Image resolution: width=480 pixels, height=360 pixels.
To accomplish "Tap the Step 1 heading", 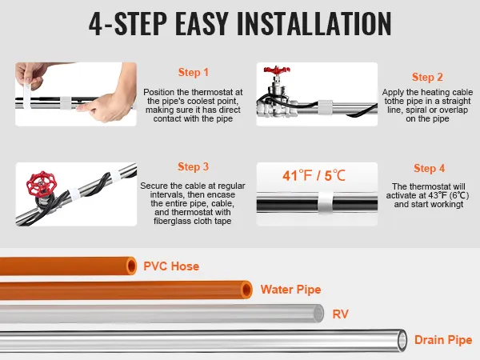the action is pyautogui.click(x=194, y=73).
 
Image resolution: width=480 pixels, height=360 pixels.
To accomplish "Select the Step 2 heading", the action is pyautogui.click(x=427, y=77).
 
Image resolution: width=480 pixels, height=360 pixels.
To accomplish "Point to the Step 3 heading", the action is pyautogui.click(x=193, y=167).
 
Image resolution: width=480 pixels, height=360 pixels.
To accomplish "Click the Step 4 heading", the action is pyautogui.click(x=429, y=168).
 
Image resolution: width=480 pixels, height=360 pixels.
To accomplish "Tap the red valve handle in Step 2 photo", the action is pyautogui.click(x=277, y=70).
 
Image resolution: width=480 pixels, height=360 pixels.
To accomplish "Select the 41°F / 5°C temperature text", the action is pyautogui.click(x=314, y=176).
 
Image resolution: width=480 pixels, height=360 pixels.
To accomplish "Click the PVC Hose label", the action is pyautogui.click(x=171, y=266).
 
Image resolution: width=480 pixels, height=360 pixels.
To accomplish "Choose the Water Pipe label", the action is pyautogui.click(x=291, y=290).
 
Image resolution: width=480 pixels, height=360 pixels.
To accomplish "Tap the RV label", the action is pyautogui.click(x=341, y=314).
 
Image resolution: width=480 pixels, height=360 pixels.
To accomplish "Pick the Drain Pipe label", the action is pyautogui.click(x=443, y=340).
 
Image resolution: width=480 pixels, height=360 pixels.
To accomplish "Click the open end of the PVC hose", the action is pyautogui.click(x=132, y=266).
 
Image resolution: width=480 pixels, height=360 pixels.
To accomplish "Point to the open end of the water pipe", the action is pyautogui.click(x=246, y=290).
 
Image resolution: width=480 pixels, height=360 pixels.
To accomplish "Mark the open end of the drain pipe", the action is pyautogui.click(x=402, y=340).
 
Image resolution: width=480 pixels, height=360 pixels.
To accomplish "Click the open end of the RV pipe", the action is pyautogui.click(x=318, y=313).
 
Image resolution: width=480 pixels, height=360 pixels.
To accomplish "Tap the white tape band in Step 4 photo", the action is pyautogui.click(x=326, y=202).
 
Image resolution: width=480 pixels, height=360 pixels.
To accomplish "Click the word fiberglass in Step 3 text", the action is pyautogui.click(x=173, y=221).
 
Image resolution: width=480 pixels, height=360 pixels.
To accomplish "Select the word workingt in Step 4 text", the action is pyautogui.click(x=444, y=204).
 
